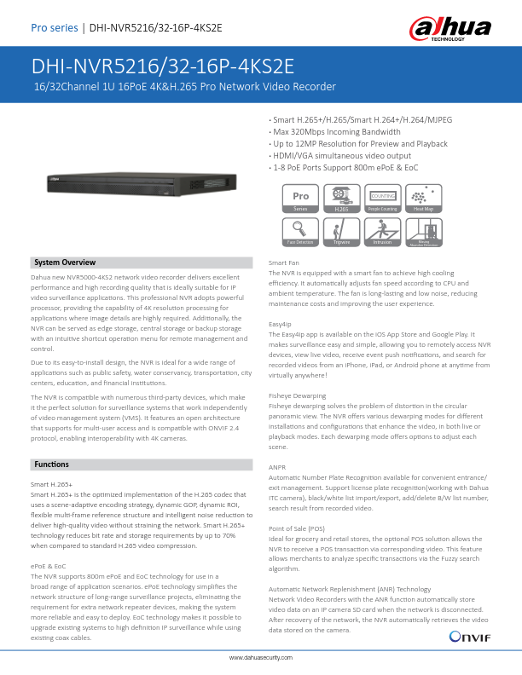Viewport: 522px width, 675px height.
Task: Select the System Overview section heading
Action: (65, 262)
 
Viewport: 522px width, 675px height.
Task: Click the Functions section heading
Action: (51, 464)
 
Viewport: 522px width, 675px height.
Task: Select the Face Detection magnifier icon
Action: (300, 232)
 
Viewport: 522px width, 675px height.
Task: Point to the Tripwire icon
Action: (342, 232)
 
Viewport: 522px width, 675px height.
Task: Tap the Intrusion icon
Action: (383, 232)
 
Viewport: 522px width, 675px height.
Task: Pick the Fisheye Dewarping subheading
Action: (297, 395)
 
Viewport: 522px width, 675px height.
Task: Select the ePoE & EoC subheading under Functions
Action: (48, 567)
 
